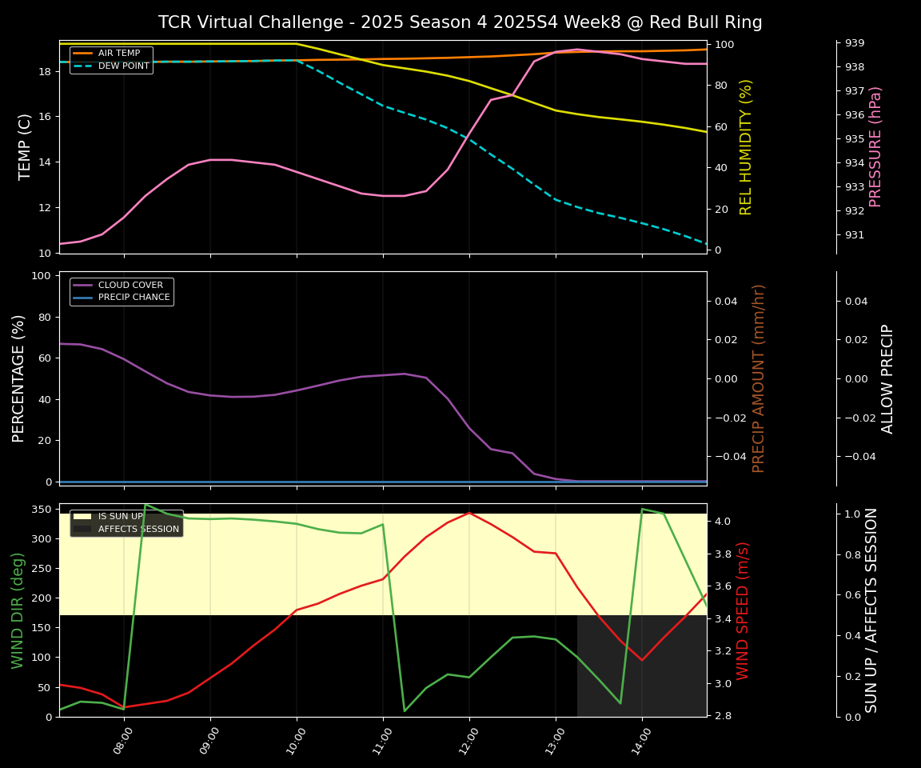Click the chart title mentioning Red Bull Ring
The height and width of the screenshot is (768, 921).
point(460,22)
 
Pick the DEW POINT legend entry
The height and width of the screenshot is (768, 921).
point(123,66)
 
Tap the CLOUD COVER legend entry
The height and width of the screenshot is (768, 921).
point(130,285)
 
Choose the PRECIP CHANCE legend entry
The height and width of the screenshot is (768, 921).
point(134,298)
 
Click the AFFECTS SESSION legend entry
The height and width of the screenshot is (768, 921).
point(138,529)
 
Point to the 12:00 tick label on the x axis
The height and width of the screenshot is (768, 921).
point(467,736)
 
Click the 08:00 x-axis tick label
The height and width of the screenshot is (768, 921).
point(122,736)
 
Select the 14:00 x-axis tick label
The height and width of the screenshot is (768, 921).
point(640,736)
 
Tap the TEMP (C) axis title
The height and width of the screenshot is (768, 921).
point(26,146)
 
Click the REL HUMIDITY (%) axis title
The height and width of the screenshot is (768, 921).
point(747,146)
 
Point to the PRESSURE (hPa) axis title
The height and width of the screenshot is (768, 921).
point(875,146)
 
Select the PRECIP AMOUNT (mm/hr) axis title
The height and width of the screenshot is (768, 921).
point(760,378)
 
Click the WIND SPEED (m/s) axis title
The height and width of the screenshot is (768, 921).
point(744,610)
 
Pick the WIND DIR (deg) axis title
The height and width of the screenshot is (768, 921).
point(18,610)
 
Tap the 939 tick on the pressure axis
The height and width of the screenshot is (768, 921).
point(855,43)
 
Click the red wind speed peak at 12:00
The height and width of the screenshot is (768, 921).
point(469,513)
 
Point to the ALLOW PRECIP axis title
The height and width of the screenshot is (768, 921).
point(887,378)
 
